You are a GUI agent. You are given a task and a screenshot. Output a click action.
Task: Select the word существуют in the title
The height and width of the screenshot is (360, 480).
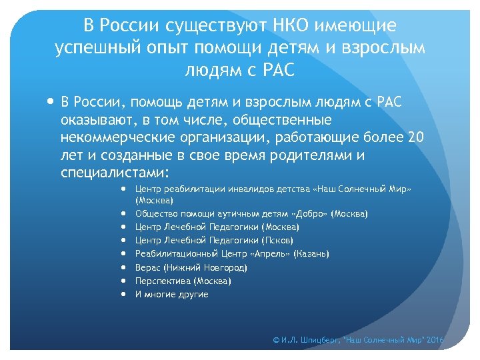[211, 26]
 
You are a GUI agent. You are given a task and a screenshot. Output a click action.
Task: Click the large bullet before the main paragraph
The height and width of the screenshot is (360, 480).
[51, 103]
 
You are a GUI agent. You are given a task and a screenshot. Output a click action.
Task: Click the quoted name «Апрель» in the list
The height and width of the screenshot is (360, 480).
[251, 254]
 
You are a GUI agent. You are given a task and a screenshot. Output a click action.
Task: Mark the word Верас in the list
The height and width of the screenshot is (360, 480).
[148, 267]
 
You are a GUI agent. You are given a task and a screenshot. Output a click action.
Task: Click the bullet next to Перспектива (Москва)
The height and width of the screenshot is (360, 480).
[125, 281]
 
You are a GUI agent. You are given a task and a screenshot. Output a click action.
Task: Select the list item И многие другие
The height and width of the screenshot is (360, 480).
[171, 294]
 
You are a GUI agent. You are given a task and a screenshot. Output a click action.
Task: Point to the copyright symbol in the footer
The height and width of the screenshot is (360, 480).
[277, 340]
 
